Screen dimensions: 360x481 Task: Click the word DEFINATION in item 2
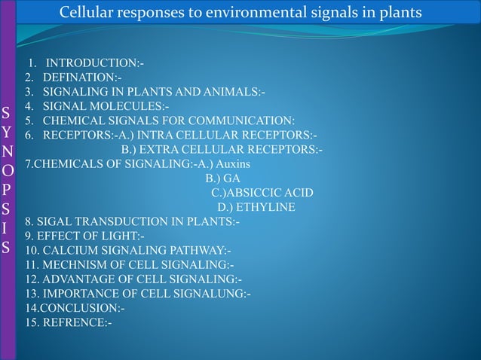click(x=79, y=77)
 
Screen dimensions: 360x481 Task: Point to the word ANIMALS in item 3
click(x=228, y=92)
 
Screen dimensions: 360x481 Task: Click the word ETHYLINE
click(x=267, y=207)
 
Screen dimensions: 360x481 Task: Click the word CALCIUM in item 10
click(x=68, y=251)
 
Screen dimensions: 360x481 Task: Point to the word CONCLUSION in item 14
click(x=78, y=309)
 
